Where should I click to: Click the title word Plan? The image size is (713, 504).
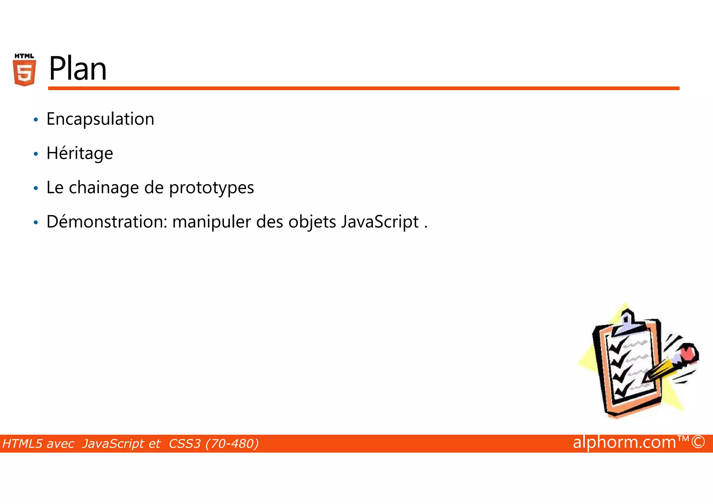tap(78, 69)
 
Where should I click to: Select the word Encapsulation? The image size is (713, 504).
tap(100, 119)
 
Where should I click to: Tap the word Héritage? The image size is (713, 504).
tap(80, 153)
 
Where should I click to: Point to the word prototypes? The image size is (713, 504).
tap(211, 188)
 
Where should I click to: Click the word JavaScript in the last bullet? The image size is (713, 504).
tap(380, 222)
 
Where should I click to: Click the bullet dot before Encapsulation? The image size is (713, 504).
tap(36, 120)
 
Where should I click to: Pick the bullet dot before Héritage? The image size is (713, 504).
tap(36, 154)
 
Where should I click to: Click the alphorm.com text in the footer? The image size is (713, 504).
tap(624, 442)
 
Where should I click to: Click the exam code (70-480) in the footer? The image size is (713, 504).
tap(232, 444)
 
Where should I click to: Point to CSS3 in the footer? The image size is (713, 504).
tap(185, 444)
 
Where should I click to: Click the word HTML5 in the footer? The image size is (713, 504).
tap(23, 444)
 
